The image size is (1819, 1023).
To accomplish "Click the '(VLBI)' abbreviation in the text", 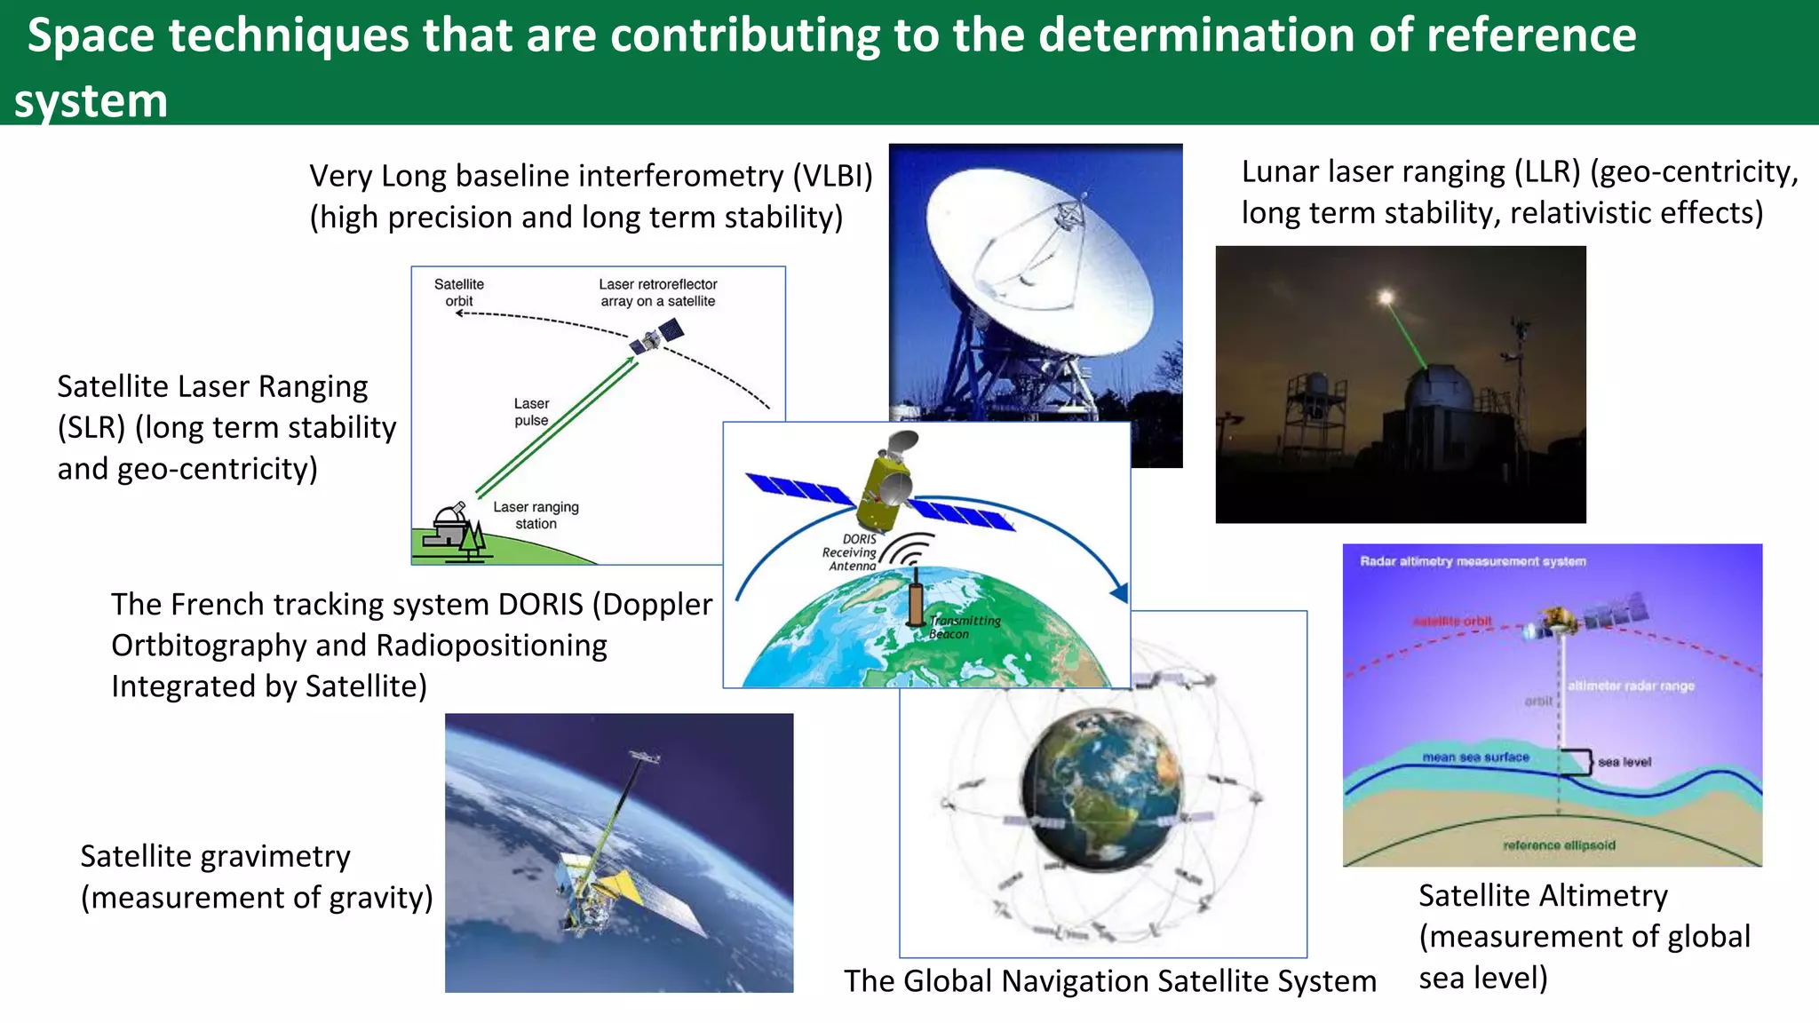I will click(x=832, y=176).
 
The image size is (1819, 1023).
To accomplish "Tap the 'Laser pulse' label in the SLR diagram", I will click(x=531, y=412).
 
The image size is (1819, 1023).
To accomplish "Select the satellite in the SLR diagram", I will click(x=656, y=337).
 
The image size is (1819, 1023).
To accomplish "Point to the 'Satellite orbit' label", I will click(x=458, y=292).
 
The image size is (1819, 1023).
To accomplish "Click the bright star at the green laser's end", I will click(x=1386, y=297).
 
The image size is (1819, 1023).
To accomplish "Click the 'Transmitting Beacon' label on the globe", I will click(x=964, y=627).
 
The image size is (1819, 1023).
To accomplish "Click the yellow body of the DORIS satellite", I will click(x=881, y=493).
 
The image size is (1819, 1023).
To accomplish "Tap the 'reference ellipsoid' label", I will click(x=1559, y=845).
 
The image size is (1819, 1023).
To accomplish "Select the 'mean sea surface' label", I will click(x=1475, y=757).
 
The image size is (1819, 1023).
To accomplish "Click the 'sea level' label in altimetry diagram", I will click(x=1624, y=762).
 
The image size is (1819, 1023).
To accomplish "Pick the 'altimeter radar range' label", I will click(x=1631, y=686).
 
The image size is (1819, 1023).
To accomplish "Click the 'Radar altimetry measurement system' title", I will click(x=1473, y=561).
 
